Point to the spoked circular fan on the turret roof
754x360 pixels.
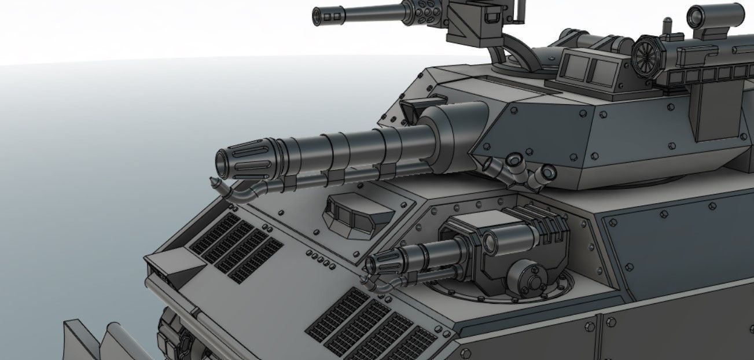click(x=646, y=53)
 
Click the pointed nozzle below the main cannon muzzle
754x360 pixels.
click(x=215, y=183)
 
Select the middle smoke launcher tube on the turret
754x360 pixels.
click(x=514, y=162)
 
